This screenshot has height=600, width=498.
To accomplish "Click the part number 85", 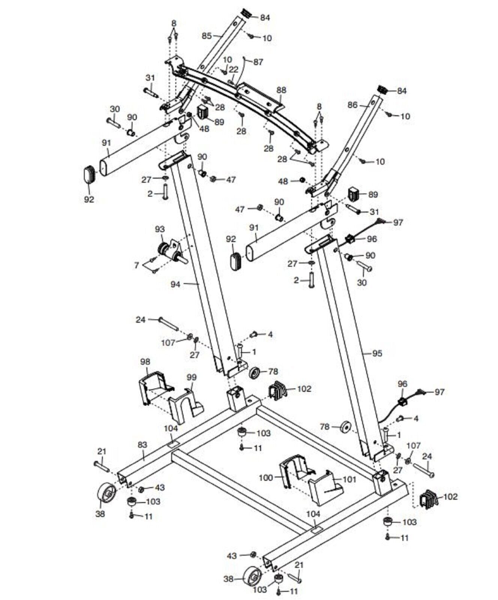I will [207, 36].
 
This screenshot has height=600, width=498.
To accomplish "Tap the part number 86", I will [352, 105].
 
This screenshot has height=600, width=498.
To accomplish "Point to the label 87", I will [258, 62].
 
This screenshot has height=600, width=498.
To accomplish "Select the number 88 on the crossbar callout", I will [281, 90].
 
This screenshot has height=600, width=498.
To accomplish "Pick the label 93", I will [160, 229].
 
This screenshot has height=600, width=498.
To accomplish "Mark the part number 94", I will [175, 284].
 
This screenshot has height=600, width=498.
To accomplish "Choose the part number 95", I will [377, 353].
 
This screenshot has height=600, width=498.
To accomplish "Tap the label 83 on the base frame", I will [142, 445].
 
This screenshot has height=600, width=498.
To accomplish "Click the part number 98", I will [145, 362].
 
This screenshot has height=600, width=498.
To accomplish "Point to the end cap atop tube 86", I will [382, 90].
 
